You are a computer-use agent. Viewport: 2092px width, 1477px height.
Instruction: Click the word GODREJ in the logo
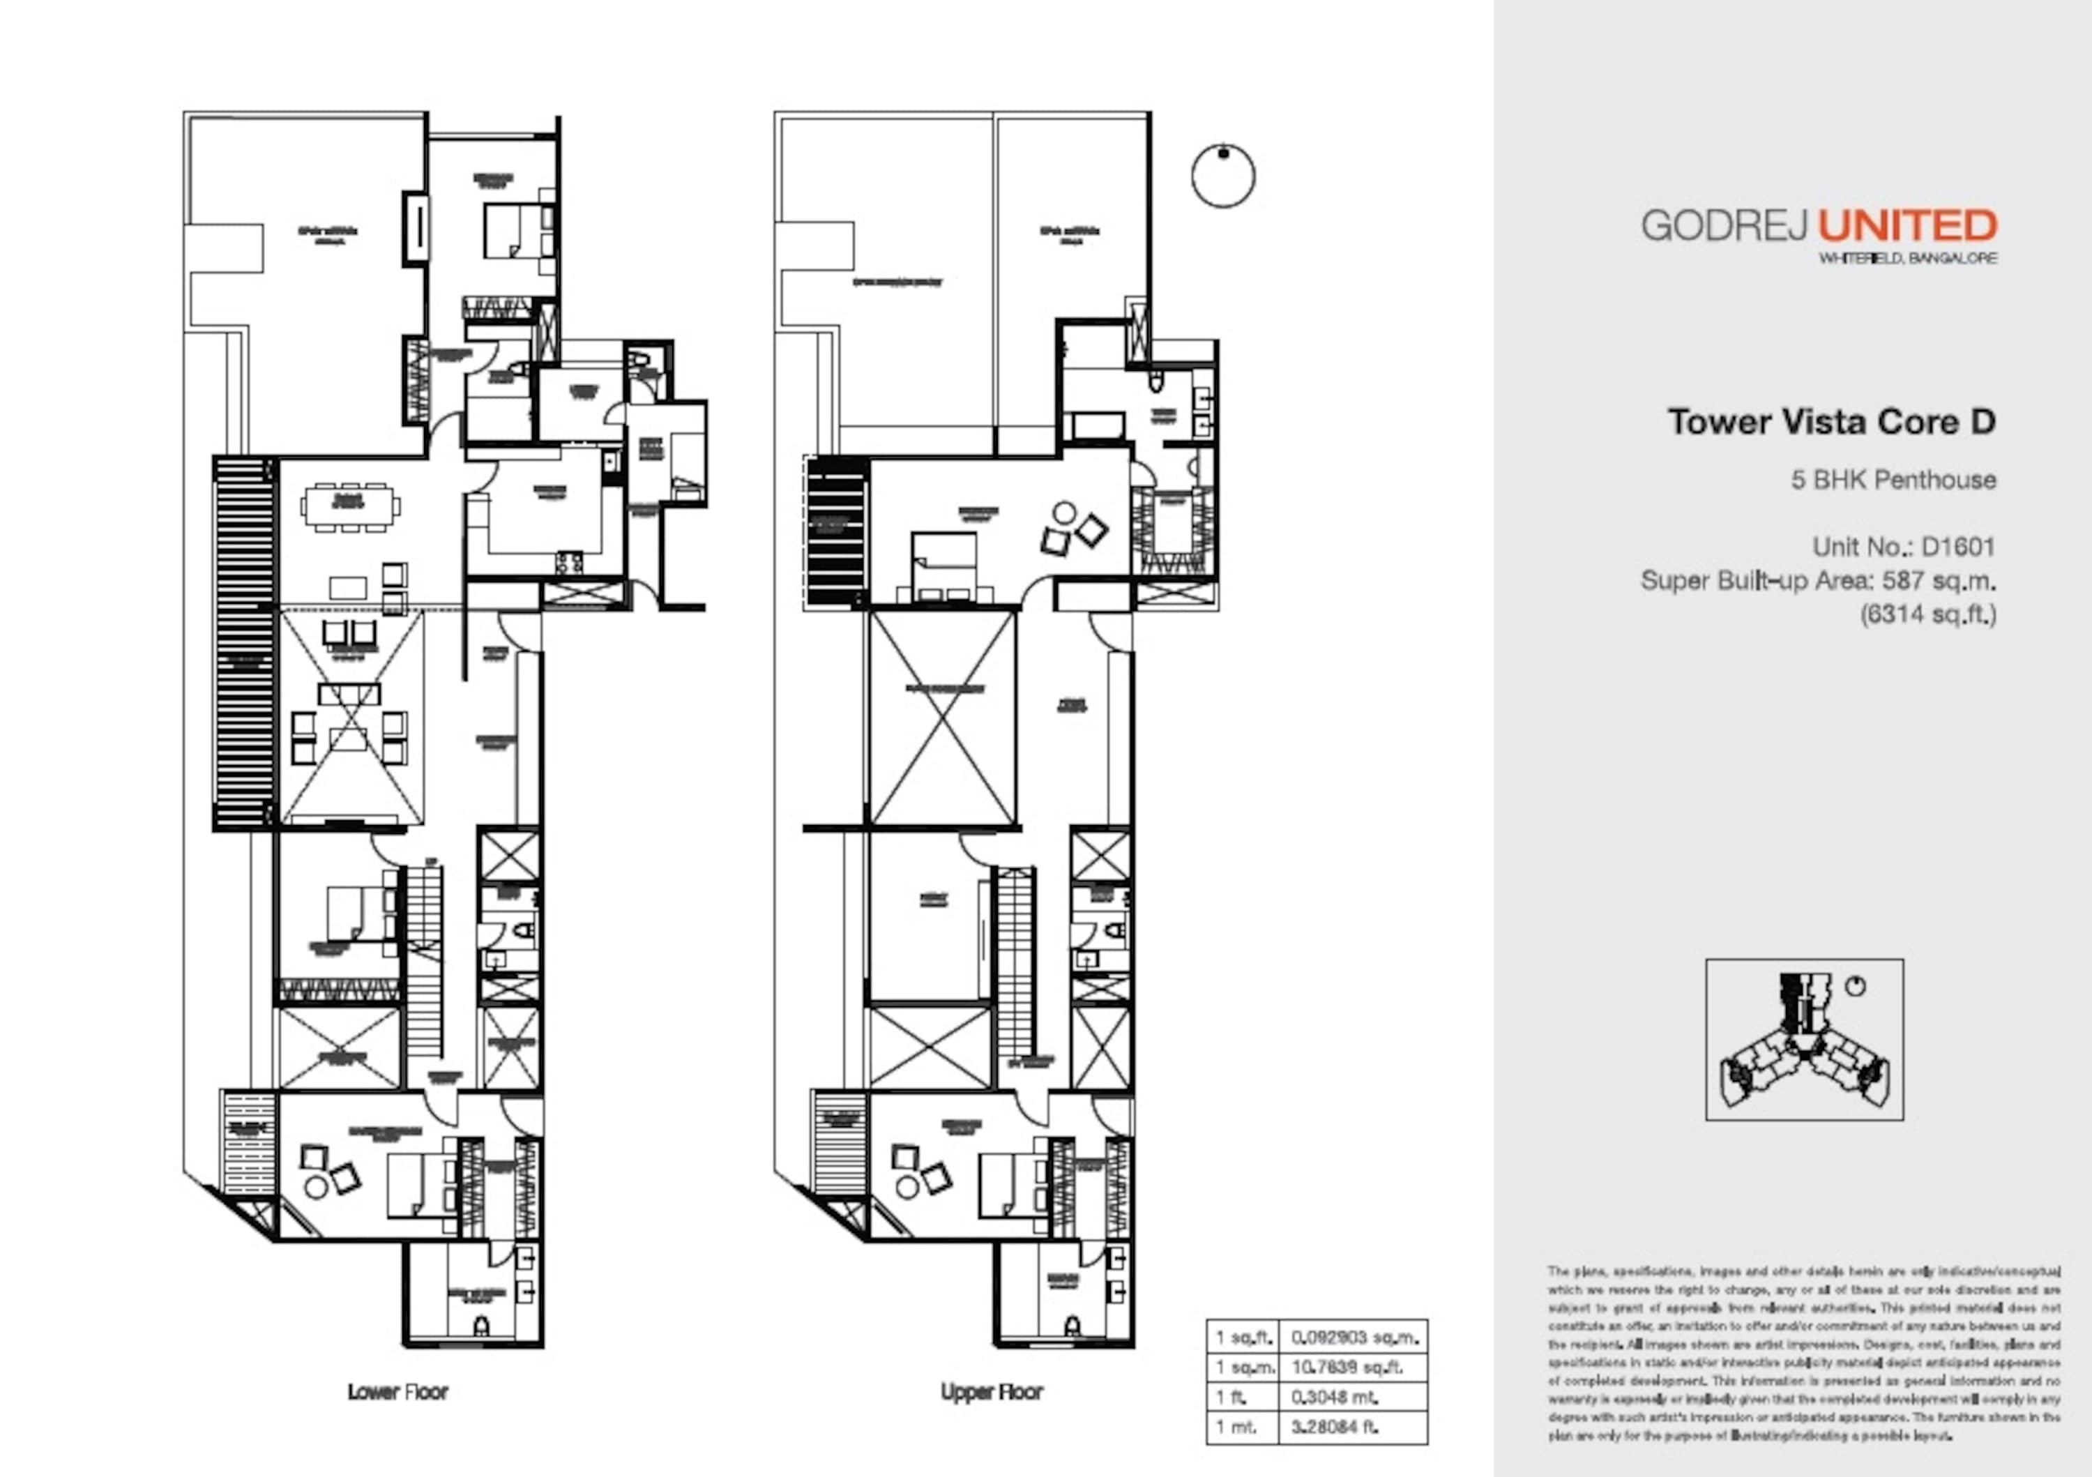1725,225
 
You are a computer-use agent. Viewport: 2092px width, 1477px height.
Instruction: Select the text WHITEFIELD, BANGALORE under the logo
1908,258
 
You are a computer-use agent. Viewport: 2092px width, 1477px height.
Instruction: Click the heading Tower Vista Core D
1831,422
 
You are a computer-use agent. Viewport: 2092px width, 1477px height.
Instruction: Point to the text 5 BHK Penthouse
1893,480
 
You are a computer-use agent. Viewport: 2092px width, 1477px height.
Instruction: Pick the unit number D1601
1958,547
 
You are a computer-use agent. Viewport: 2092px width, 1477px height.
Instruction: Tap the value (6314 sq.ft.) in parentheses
1927,614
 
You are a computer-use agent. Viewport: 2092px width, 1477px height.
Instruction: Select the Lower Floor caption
398,1392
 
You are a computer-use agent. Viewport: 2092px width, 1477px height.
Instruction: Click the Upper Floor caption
992,1392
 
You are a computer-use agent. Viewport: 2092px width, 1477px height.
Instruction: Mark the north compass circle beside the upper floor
1222,176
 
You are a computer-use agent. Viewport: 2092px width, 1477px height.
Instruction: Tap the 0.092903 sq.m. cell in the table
1353,1338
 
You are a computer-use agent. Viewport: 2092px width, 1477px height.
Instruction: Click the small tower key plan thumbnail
1804,1040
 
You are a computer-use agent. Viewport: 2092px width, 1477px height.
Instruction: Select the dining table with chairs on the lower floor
351,506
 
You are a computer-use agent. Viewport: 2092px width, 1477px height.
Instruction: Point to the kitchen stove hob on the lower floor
570,562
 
